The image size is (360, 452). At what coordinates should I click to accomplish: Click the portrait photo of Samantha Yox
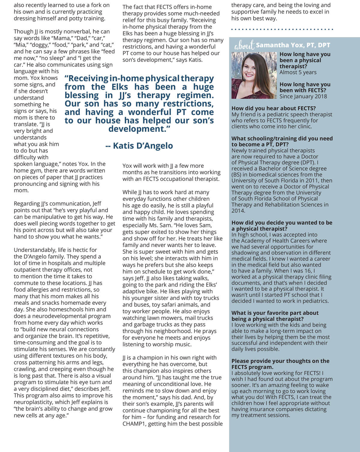[x=254, y=75]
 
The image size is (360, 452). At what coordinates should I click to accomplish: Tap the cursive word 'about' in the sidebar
[x=244, y=46]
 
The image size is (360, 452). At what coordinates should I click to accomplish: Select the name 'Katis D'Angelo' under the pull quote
[x=139, y=146]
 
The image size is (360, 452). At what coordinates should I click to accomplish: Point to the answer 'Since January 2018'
[x=303, y=96]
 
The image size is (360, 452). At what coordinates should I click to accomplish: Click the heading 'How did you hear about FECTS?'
[x=273, y=108]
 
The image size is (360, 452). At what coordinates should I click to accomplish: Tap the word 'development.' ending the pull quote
[x=139, y=129]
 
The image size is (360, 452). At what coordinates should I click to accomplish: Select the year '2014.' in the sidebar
[x=238, y=211]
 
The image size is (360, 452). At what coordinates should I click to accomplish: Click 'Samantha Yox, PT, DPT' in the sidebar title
[x=293, y=45]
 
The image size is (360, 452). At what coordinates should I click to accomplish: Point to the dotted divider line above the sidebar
[x=282, y=29]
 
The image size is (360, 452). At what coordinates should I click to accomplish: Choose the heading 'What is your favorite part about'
[x=275, y=313]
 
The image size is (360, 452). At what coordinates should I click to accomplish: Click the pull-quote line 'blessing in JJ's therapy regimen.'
[x=139, y=95]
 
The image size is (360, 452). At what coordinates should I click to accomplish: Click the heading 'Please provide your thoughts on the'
[x=280, y=361]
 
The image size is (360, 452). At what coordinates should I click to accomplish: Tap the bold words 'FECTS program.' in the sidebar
[x=252, y=367]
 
